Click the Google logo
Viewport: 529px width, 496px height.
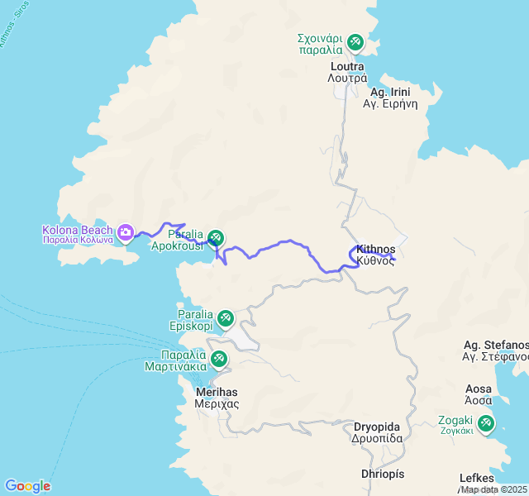point(27,486)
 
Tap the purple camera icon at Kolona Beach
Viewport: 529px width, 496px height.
point(125,233)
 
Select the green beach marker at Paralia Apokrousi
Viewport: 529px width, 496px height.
point(215,238)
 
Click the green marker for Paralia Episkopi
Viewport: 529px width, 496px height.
point(224,318)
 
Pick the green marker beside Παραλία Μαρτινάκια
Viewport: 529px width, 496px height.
point(219,359)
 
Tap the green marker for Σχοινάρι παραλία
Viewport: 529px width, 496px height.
point(355,41)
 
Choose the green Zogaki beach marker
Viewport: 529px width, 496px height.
point(486,424)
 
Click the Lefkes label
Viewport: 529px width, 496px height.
point(477,479)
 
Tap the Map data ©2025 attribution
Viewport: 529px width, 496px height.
point(493,489)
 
